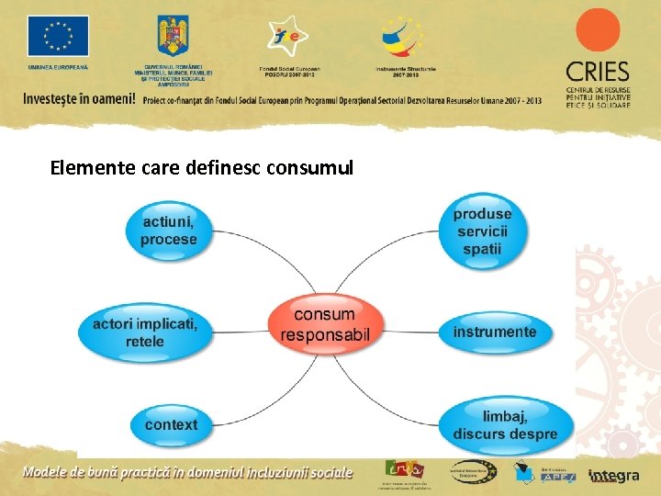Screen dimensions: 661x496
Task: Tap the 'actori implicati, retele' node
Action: pyautogui.click(x=145, y=333)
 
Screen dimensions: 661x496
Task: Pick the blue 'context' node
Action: pyautogui.click(x=171, y=424)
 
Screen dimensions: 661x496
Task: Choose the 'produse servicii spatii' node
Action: pyautogui.click(x=482, y=231)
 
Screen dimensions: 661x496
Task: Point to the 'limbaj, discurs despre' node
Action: pyautogui.click(x=505, y=425)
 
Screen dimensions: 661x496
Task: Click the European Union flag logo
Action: pyautogui.click(x=58, y=37)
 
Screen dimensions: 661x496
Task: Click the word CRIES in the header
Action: pyautogui.click(x=598, y=73)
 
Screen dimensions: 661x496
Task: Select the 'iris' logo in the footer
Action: pyautogui.click(x=405, y=468)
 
